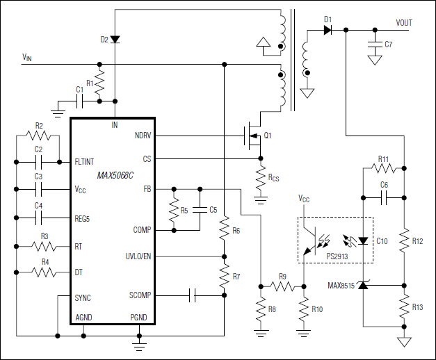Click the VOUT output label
pos(404,23)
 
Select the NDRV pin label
pos(143,135)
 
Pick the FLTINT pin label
pos(86,161)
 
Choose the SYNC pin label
pos(83,297)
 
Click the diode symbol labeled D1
pos(328,30)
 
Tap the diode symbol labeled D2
pos(115,40)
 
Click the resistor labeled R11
pos(383,168)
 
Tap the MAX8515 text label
pos(341,286)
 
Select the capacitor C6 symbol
pos(383,197)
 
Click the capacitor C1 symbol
pos(81,101)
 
